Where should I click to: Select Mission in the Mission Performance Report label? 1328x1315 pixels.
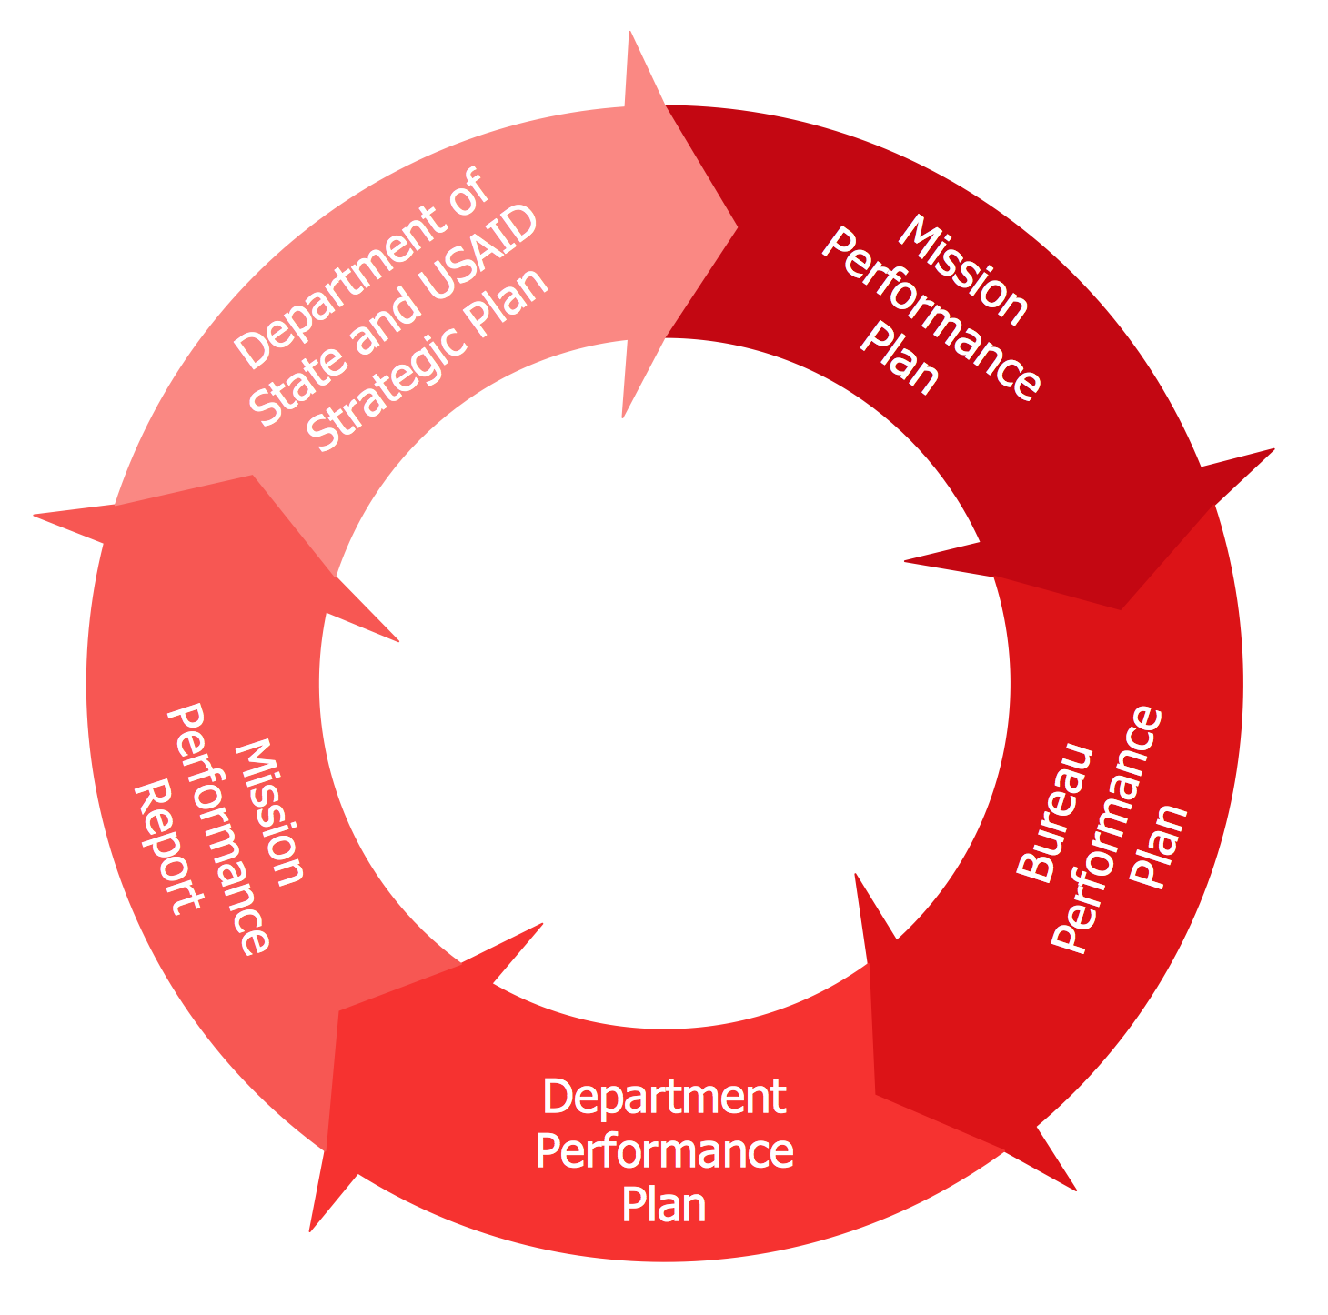(269, 811)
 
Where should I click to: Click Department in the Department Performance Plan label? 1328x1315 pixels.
(664, 1097)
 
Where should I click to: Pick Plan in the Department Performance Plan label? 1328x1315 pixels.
(664, 1207)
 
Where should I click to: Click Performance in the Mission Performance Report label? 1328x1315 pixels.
(219, 828)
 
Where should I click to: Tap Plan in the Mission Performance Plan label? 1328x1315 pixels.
(900, 360)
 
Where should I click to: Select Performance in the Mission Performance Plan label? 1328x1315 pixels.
(931, 315)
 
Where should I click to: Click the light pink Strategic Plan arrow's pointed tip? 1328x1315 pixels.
(736, 223)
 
